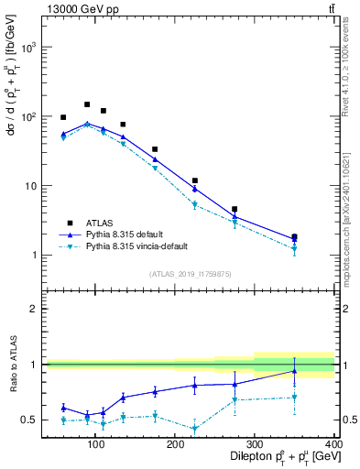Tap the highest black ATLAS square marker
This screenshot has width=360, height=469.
[x=87, y=104]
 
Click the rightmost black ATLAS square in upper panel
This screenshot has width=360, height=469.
[x=294, y=236]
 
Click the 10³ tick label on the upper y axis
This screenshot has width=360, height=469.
[x=29, y=48]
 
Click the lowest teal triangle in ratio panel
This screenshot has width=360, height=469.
[x=195, y=429]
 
